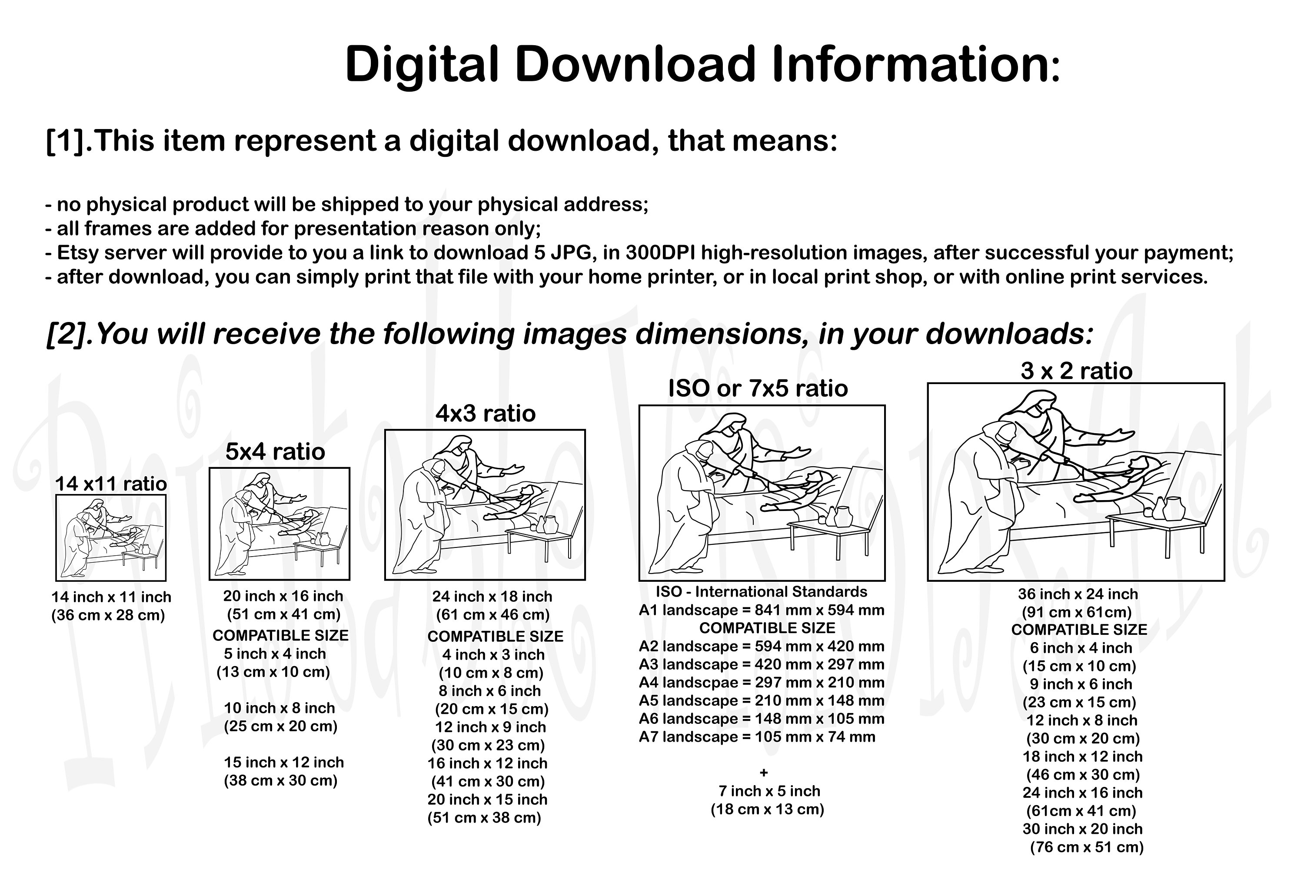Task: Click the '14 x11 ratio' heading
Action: tap(111, 484)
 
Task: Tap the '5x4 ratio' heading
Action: tap(275, 452)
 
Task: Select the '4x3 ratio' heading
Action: tap(486, 414)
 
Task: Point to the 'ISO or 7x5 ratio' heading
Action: tap(758, 388)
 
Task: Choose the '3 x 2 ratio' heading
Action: tap(1077, 371)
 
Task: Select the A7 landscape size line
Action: tap(757, 737)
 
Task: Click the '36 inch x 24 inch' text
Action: tap(1078, 594)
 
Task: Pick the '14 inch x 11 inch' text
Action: tap(111, 597)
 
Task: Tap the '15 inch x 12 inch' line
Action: tap(284, 762)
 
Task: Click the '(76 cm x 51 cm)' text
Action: tap(1087, 847)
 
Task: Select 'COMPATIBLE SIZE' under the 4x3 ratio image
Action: tap(495, 636)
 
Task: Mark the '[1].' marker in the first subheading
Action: tap(69, 141)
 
